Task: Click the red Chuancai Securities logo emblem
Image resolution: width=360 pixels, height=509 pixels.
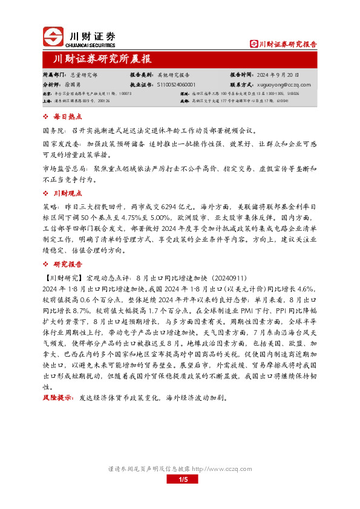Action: (53, 37)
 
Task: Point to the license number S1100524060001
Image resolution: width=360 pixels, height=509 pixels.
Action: (180, 85)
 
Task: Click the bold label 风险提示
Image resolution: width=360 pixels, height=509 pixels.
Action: (56, 382)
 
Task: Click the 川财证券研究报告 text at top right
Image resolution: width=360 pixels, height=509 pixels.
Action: (287, 44)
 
